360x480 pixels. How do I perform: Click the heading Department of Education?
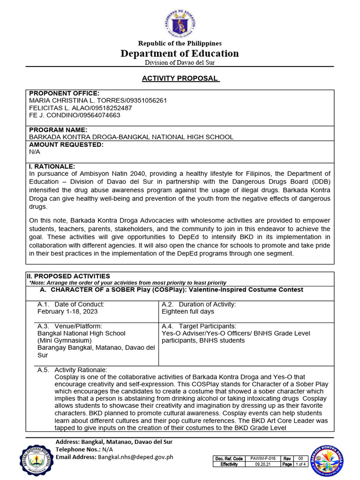click(180, 53)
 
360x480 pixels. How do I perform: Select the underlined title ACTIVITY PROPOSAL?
click(180, 78)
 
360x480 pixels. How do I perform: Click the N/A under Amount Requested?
click(35, 152)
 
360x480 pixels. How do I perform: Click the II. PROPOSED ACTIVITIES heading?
click(69, 276)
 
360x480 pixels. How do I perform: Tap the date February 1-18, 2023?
click(67, 311)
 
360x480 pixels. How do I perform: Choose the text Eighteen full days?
click(187, 311)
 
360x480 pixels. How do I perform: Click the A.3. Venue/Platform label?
click(69, 326)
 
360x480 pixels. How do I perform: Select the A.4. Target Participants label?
click(198, 326)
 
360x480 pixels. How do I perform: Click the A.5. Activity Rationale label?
click(72, 370)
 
